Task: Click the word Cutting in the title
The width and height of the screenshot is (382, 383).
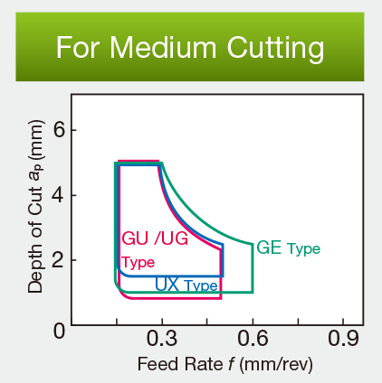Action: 272,46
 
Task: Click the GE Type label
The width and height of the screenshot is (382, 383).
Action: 288,247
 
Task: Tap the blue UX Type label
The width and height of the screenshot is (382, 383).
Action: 186,285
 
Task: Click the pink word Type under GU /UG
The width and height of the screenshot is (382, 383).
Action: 138,263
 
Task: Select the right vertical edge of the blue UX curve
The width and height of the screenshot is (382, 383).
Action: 223,259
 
